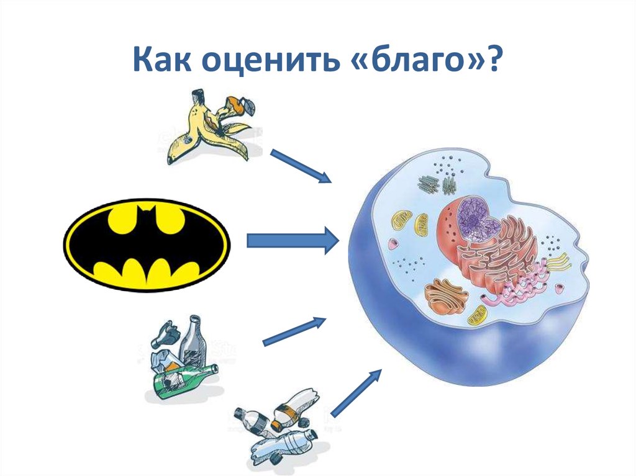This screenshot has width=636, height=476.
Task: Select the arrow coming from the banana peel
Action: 301,166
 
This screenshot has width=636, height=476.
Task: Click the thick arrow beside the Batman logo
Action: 292,240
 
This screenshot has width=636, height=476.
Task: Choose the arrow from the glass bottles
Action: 295,331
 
